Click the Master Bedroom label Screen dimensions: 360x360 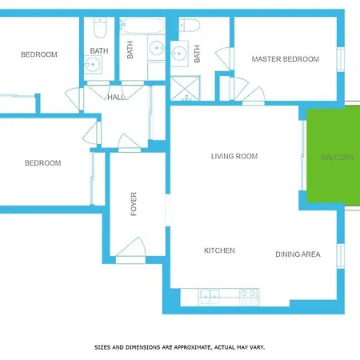(286, 59)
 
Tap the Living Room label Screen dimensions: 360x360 (234, 156)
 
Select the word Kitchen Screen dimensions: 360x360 (219, 250)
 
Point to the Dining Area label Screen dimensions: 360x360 (298, 254)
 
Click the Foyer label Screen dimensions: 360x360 (134, 204)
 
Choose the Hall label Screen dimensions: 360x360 (116, 98)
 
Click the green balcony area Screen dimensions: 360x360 (334, 156)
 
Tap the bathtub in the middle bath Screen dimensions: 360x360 (142, 26)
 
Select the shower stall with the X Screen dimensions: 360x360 (185, 88)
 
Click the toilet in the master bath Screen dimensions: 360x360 (190, 26)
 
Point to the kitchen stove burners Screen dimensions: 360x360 (249, 298)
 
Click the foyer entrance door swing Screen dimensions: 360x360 (131, 247)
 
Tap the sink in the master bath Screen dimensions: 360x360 (179, 54)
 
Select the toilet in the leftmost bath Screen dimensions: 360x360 (100, 27)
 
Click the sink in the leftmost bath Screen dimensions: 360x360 (93, 65)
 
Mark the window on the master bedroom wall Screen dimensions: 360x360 (341, 59)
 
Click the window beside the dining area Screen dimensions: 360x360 (341, 256)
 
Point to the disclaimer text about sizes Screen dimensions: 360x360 (180, 347)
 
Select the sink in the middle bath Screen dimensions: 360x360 (157, 48)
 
